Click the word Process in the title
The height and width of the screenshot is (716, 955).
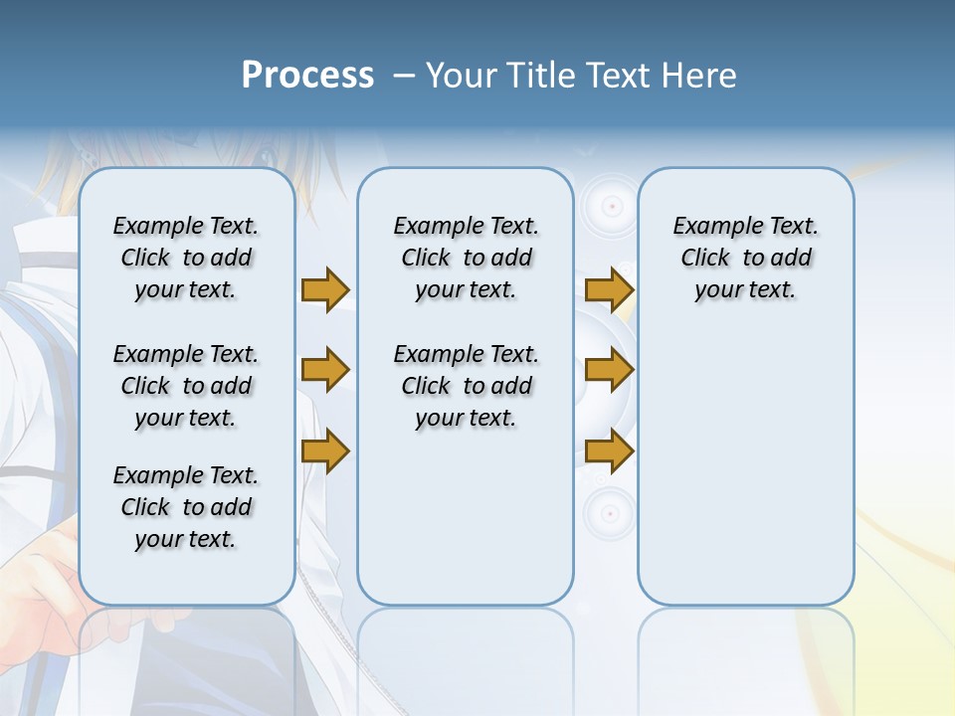point(307,75)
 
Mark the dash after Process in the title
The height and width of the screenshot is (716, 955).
point(403,77)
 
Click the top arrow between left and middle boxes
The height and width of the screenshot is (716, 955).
point(325,289)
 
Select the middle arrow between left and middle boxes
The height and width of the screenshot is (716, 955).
point(325,370)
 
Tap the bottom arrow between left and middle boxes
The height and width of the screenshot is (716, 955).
point(325,452)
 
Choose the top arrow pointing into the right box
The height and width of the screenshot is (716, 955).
point(609,289)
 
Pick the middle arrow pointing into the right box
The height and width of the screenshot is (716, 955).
point(609,370)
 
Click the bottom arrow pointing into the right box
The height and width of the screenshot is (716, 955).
point(609,452)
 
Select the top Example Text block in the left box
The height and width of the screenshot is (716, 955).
point(186,258)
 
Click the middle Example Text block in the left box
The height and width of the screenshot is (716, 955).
point(186,386)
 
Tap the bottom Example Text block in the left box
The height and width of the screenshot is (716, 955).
point(186,507)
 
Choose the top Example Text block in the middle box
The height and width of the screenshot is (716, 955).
point(466,258)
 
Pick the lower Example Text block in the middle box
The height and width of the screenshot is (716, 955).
point(466,386)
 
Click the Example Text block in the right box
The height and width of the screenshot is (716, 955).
point(745,258)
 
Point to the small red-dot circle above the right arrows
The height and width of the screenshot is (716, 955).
point(612,207)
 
